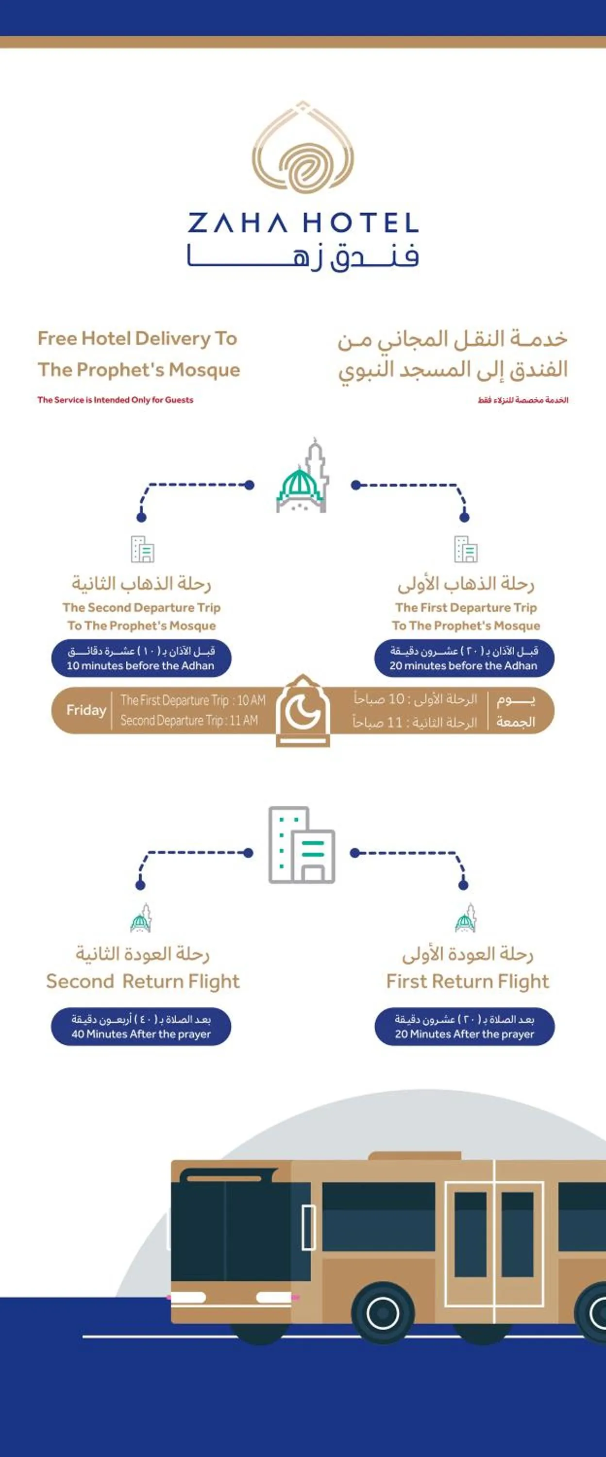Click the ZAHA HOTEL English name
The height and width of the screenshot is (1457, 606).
[303, 223]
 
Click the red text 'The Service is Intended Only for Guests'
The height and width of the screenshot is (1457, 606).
[115, 400]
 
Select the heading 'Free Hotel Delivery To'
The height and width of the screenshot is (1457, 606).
[137, 338]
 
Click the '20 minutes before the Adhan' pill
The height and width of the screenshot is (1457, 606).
[464, 659]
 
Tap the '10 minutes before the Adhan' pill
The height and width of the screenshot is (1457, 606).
[141, 659]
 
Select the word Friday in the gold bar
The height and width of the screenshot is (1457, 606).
[86, 710]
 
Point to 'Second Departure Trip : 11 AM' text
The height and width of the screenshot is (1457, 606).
[189, 721]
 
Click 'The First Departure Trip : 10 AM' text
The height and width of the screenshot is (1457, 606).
[193, 700]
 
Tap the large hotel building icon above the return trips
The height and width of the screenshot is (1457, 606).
[302, 845]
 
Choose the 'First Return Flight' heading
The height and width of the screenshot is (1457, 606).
[468, 982]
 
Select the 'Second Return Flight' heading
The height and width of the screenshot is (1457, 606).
[143, 982]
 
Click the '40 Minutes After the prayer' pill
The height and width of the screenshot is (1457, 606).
[141, 1027]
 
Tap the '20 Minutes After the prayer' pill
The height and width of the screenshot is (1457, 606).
[465, 1027]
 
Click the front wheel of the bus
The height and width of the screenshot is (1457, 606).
[383, 1313]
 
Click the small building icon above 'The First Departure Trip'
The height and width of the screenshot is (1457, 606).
[466, 549]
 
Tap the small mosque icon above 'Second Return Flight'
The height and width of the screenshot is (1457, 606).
[141, 919]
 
